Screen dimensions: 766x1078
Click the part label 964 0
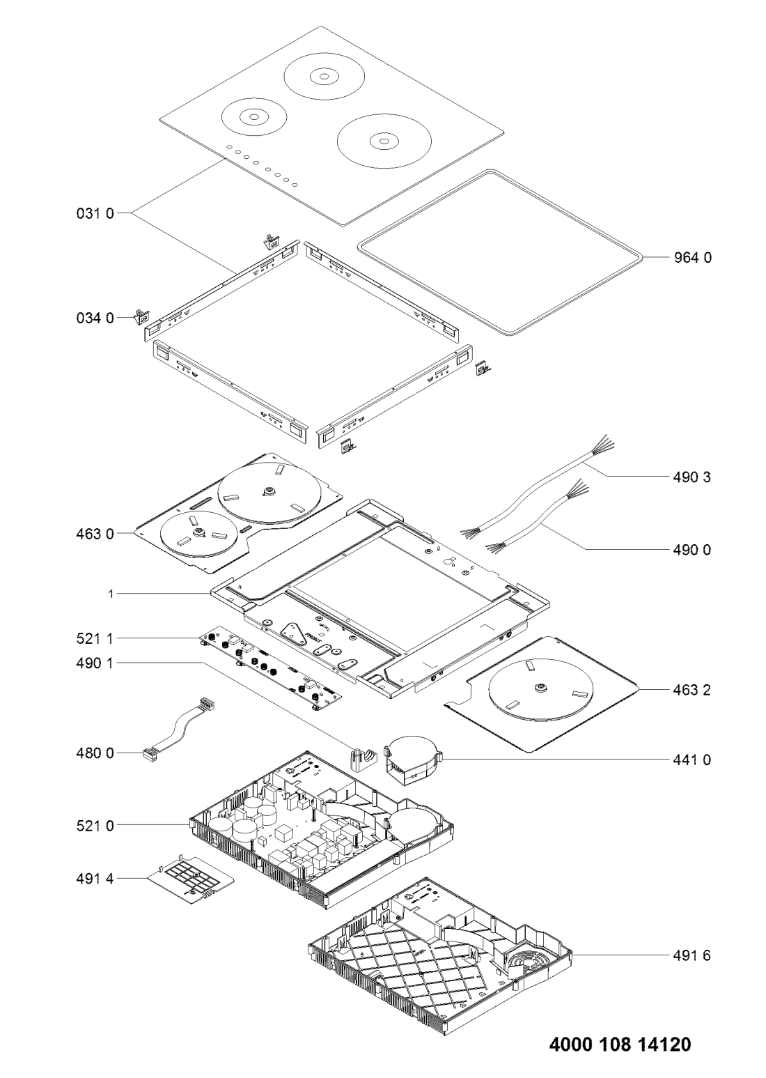(692, 258)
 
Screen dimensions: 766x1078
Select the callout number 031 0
(95, 213)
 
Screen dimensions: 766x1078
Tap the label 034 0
(95, 318)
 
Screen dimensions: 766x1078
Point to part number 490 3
(691, 477)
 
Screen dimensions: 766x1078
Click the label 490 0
(691, 550)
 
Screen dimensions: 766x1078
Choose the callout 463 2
(691, 690)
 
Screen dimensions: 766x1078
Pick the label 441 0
(691, 760)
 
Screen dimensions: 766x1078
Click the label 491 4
(95, 879)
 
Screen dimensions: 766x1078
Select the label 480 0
(95, 753)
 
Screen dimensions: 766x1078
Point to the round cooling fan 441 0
(413, 761)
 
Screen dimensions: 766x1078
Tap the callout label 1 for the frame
(111, 594)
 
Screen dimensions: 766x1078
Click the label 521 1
(95, 638)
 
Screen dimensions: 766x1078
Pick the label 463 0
(95, 534)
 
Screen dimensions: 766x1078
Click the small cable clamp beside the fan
(363, 760)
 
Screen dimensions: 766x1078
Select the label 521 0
(95, 826)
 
